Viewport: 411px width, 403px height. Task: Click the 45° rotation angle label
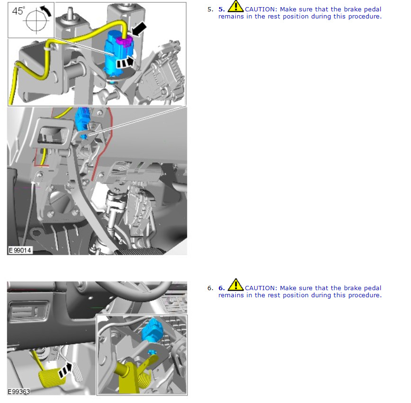pos(18,11)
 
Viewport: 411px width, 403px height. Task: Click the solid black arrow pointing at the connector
pos(139,28)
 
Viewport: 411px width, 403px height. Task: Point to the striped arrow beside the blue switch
pos(125,62)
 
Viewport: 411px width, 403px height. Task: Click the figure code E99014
pos(20,250)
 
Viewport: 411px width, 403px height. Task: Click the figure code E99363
pos(19,392)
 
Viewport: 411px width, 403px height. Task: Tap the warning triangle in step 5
pos(236,6)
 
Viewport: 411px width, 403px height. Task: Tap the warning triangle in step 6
pos(236,285)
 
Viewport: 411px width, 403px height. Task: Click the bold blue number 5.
pos(222,9)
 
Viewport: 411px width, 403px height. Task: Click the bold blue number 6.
pos(222,288)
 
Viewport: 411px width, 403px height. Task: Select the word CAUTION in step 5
pos(261,9)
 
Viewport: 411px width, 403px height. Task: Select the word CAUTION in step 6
pos(261,288)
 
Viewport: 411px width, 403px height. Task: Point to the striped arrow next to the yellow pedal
pos(65,370)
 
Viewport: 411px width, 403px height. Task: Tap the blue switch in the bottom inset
pos(152,331)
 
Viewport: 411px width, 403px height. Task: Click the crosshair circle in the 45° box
pos(36,20)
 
